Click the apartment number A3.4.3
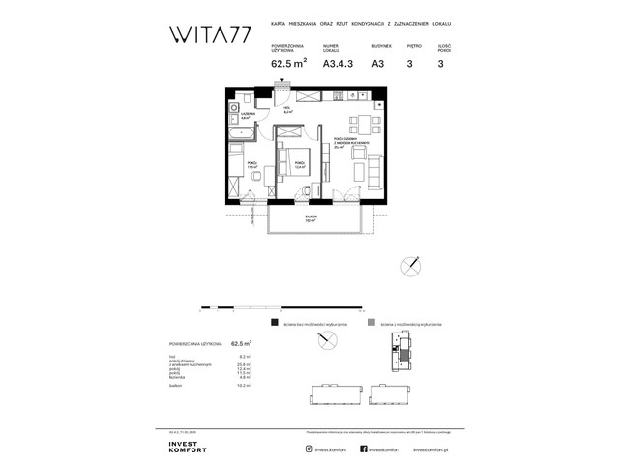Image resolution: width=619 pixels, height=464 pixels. pos(334,66)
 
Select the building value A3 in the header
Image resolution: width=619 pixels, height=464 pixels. pos(379,66)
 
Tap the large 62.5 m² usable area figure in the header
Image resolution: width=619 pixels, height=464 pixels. pos(289,66)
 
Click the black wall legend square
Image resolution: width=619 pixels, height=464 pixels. pos(275,323)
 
